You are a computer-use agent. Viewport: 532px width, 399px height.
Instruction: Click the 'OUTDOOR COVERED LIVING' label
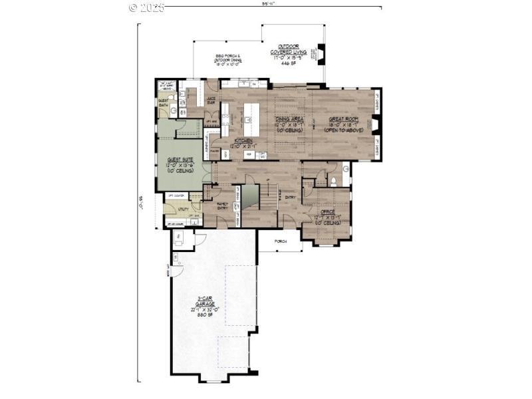click(288, 49)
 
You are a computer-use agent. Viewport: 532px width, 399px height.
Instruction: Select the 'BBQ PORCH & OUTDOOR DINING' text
click(227, 58)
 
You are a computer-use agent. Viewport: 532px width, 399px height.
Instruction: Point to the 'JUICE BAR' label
click(211, 100)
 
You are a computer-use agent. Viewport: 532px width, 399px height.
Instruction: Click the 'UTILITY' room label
click(182, 209)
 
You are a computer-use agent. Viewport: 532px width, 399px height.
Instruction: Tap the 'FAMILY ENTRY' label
click(222, 205)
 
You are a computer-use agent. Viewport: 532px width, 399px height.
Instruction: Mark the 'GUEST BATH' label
click(163, 102)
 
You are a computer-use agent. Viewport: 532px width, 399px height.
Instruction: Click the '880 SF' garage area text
click(205, 315)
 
